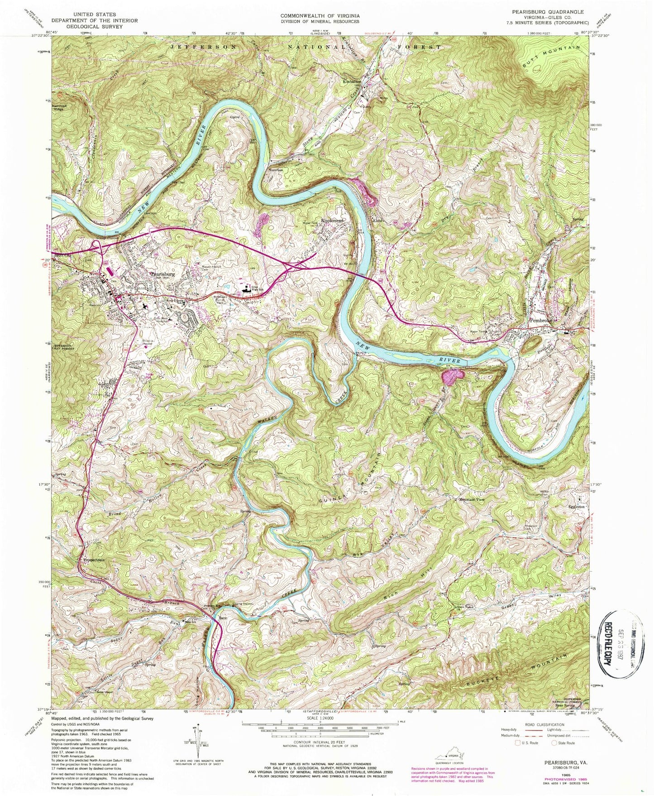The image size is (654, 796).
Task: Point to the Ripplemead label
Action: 334,221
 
